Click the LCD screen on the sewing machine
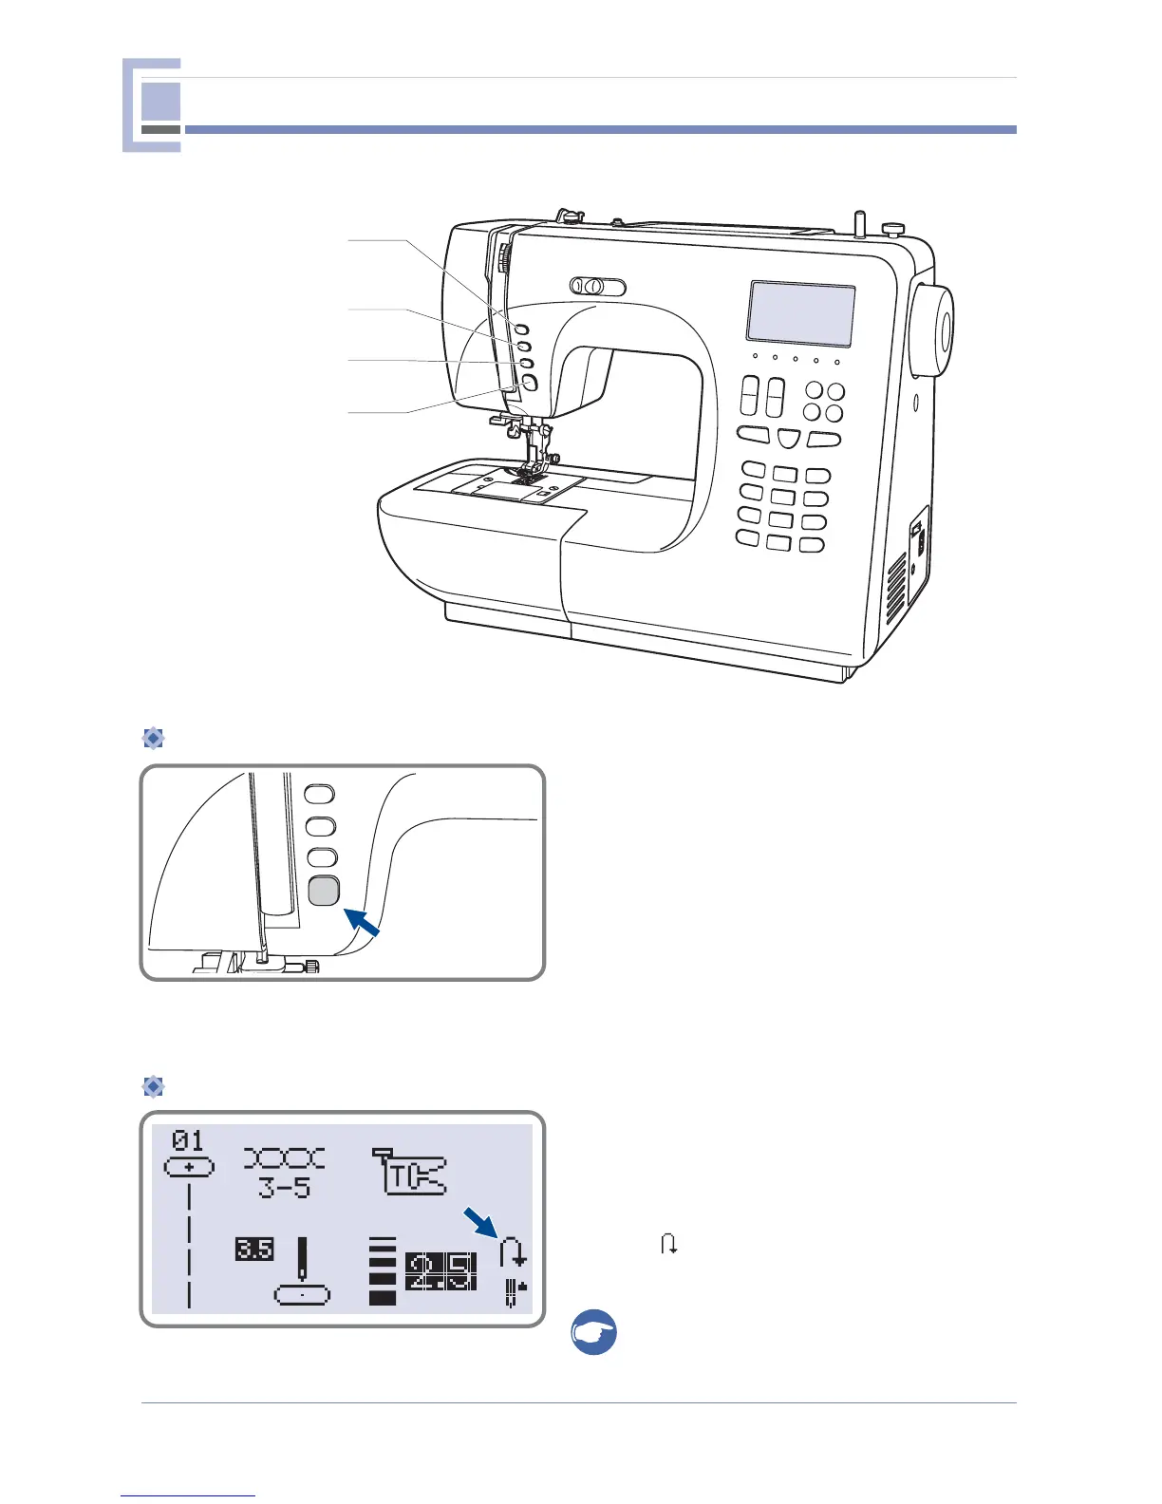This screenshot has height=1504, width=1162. pos(800,313)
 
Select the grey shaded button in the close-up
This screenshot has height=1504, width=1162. pos(324,891)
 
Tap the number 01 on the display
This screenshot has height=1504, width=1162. pos(188,1139)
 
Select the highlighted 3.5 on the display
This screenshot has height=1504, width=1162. pos(254,1249)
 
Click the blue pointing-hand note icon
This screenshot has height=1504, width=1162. pos(594,1332)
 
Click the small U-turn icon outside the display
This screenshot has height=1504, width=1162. pos(669,1244)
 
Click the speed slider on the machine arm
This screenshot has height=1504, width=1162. pos(597,287)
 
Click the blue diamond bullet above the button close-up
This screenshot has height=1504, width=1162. pos(153,738)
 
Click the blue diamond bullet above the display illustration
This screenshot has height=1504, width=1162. pos(153,1086)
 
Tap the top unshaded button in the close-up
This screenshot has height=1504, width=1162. pos(320,794)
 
